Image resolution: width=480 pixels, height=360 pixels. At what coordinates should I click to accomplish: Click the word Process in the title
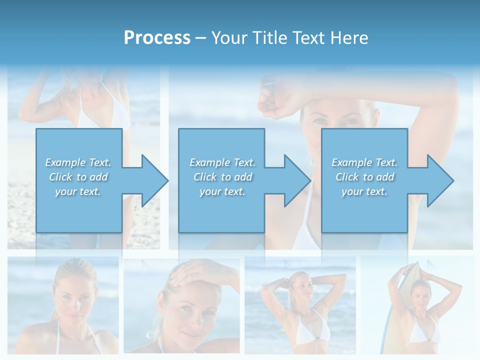click(157, 37)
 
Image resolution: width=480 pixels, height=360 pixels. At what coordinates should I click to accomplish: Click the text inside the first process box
click(78, 177)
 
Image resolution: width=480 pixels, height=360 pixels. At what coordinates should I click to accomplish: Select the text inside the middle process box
click(222, 177)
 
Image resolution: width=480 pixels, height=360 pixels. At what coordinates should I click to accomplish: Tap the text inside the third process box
click(364, 177)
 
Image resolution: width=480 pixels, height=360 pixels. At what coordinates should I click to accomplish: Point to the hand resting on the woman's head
click(200, 272)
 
